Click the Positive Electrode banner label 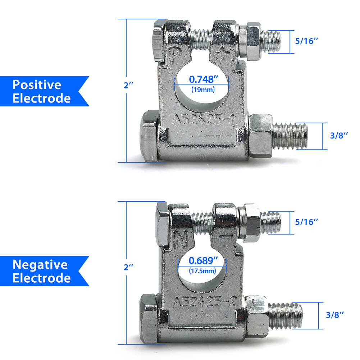pyautogui.click(x=42, y=91)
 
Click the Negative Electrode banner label pyautogui.click(x=42, y=271)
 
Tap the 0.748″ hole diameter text pyautogui.click(x=204, y=79)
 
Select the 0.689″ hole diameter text pyautogui.click(x=203, y=261)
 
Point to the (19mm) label pyautogui.click(x=203, y=89)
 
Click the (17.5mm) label pyautogui.click(x=202, y=271)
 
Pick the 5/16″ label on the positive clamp pyautogui.click(x=307, y=41)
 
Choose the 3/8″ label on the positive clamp pyautogui.click(x=339, y=136)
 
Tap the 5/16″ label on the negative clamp pyautogui.click(x=307, y=222)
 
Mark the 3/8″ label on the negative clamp pyautogui.click(x=335, y=315)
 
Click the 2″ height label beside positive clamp pyautogui.click(x=128, y=85)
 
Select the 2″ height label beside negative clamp pyautogui.click(x=128, y=267)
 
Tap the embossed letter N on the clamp pyautogui.click(x=181, y=239)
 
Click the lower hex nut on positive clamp pyautogui.click(x=261, y=136)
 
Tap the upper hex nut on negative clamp pyautogui.click(x=249, y=223)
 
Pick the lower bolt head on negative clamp pyautogui.click(x=149, y=319)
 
